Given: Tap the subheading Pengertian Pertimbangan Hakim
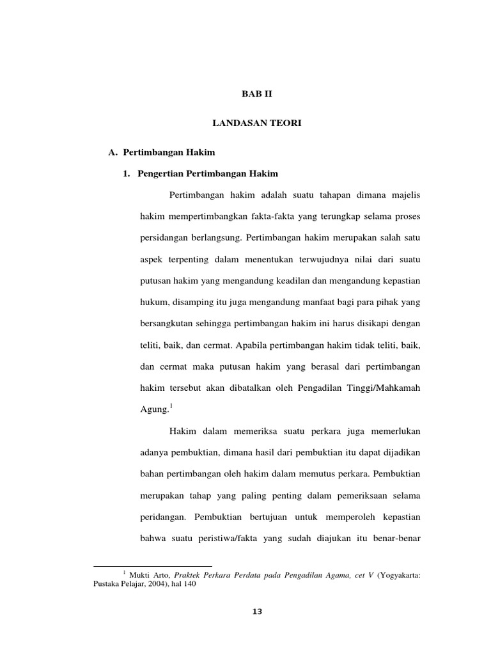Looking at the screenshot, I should (207, 173).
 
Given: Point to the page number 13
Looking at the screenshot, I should (257, 611).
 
